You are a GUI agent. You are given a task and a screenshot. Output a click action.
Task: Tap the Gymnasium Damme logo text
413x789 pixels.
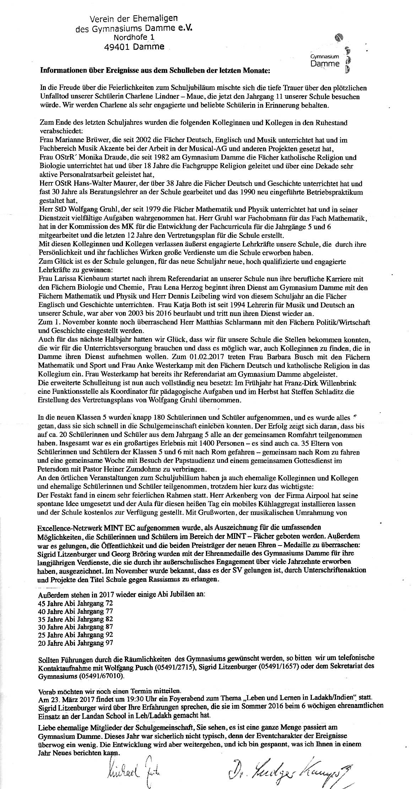[x=325, y=61]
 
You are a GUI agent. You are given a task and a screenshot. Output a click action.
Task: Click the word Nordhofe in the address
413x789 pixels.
[x=129, y=37]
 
